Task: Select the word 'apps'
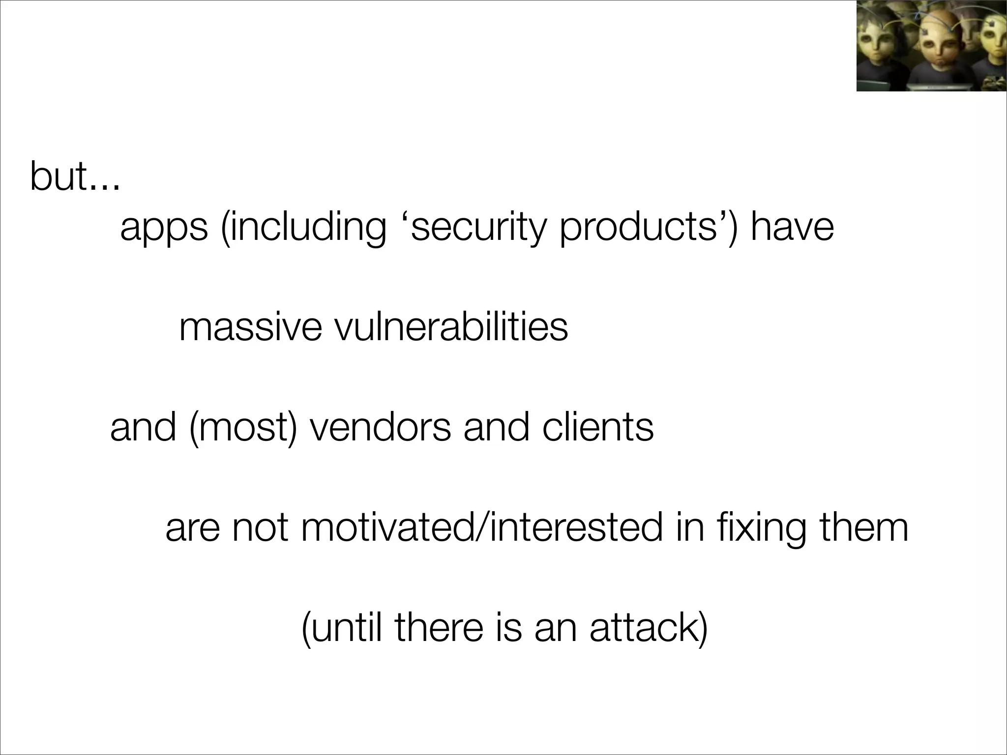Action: (164, 228)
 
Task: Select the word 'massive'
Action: (250, 327)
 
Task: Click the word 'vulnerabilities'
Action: (451, 327)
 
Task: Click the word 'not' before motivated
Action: (260, 527)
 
